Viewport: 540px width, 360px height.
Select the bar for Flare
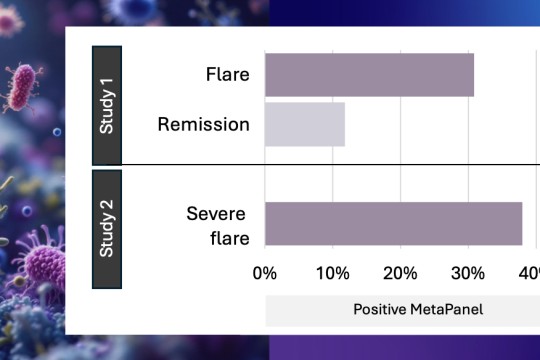(369, 75)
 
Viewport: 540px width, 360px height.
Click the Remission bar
(305, 124)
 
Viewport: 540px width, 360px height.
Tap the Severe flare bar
(393, 223)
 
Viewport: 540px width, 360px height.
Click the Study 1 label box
(107, 104)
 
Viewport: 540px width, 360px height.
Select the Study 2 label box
(107, 229)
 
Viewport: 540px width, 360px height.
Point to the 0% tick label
(265, 273)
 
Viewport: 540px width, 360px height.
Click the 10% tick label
(332, 273)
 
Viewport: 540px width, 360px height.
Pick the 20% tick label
(400, 273)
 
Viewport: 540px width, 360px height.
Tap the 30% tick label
(468, 273)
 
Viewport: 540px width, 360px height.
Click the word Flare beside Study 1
(227, 75)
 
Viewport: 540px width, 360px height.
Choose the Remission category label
(203, 124)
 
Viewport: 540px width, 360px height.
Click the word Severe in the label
(217, 213)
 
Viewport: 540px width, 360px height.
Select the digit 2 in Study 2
(107, 209)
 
